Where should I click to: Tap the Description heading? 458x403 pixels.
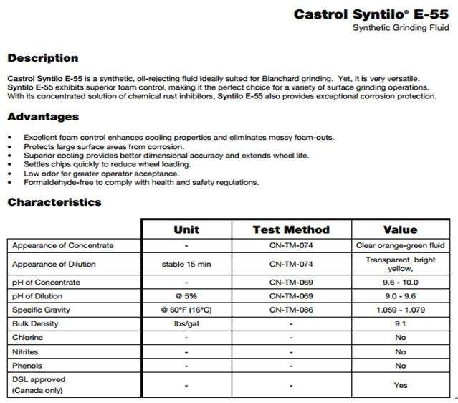(43, 58)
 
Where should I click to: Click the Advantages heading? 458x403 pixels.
(43, 117)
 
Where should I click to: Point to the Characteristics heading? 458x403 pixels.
(54, 202)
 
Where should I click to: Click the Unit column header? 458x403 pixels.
(186, 229)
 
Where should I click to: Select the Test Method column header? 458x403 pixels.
(291, 229)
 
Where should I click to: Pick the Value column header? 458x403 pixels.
(400, 229)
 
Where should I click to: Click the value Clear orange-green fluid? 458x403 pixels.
(401, 245)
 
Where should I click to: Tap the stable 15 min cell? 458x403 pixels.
(186, 264)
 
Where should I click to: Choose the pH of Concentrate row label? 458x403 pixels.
(46, 282)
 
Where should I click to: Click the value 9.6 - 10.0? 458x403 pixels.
(401, 282)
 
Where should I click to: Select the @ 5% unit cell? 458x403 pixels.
(186, 295)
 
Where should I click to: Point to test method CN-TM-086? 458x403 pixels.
(291, 310)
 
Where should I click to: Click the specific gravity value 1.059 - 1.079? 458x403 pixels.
(401, 310)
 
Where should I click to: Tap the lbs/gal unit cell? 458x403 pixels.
(186, 323)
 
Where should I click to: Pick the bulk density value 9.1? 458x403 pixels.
(401, 323)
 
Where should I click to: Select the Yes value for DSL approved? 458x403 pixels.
(401, 385)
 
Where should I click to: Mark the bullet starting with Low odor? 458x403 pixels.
(101, 173)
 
